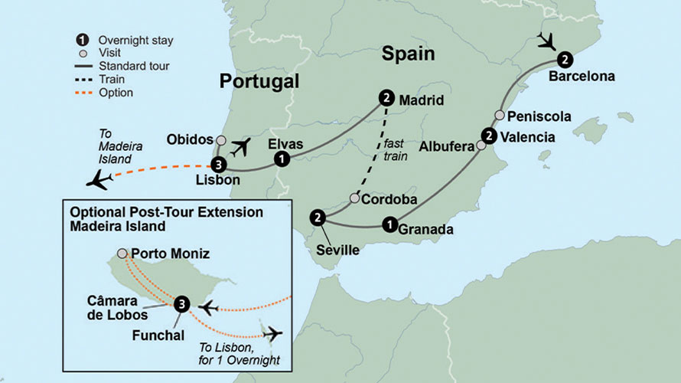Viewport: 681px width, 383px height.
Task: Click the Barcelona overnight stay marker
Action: [564, 58]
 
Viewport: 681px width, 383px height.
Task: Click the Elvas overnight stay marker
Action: [282, 159]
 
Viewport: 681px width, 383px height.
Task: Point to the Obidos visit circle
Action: [221, 140]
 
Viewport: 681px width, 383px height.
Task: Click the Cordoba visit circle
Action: [354, 198]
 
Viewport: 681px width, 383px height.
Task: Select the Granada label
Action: [426, 228]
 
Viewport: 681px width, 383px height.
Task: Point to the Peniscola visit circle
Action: [499, 116]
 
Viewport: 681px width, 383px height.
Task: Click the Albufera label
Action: [448, 148]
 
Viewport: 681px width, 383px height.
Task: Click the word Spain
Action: [409, 54]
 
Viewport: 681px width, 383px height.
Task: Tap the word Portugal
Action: [258, 82]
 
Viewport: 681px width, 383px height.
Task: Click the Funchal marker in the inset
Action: [181, 304]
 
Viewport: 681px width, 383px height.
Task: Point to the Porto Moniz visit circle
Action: [122, 253]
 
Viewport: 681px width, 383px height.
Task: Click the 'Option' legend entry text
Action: [116, 93]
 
